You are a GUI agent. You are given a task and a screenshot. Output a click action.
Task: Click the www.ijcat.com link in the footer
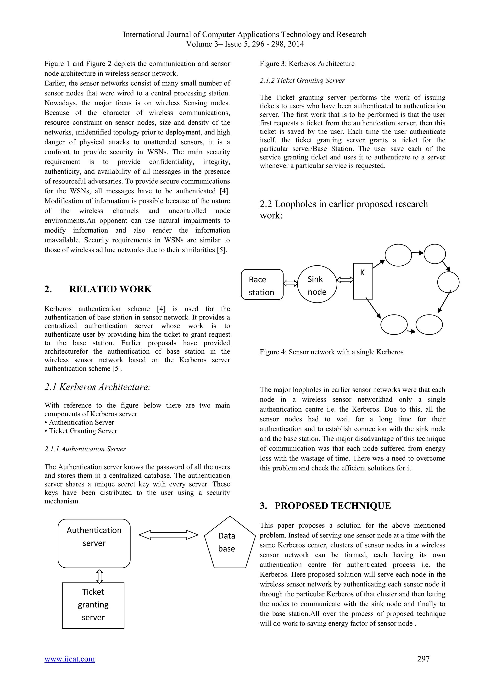click(x=69, y=659)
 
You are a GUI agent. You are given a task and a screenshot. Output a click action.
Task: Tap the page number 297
click(x=423, y=659)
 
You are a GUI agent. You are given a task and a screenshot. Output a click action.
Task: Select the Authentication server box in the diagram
click(x=94, y=543)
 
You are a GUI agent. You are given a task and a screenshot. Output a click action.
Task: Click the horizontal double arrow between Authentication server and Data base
click(x=168, y=535)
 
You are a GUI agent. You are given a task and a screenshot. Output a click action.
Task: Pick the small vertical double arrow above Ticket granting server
click(x=100, y=576)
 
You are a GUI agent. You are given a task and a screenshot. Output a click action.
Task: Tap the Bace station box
click(x=262, y=285)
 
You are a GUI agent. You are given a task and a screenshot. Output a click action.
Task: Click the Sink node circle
click(x=317, y=284)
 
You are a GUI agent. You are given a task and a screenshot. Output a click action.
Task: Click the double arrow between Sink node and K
click(x=345, y=280)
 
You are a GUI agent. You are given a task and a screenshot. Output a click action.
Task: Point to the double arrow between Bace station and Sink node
click(x=290, y=283)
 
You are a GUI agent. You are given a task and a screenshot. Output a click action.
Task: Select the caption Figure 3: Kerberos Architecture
click(x=307, y=64)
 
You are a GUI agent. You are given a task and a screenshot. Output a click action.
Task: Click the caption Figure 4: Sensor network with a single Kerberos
click(x=331, y=352)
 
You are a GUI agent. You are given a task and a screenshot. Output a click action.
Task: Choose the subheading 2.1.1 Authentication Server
click(x=85, y=449)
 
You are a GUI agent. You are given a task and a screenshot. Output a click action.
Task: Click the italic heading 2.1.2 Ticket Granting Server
click(x=302, y=81)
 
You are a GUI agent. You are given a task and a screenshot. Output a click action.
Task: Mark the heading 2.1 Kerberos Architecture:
click(x=97, y=387)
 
